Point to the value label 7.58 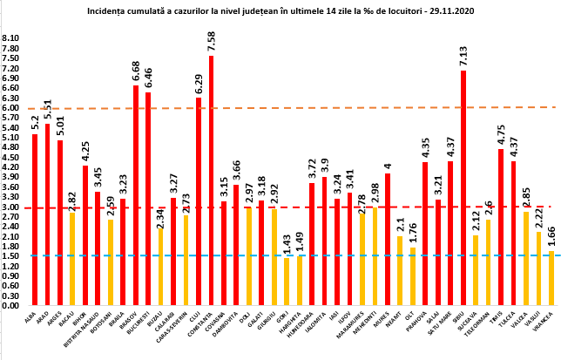[x=212, y=41]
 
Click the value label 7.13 [x=463, y=55]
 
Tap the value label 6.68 [x=136, y=71]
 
